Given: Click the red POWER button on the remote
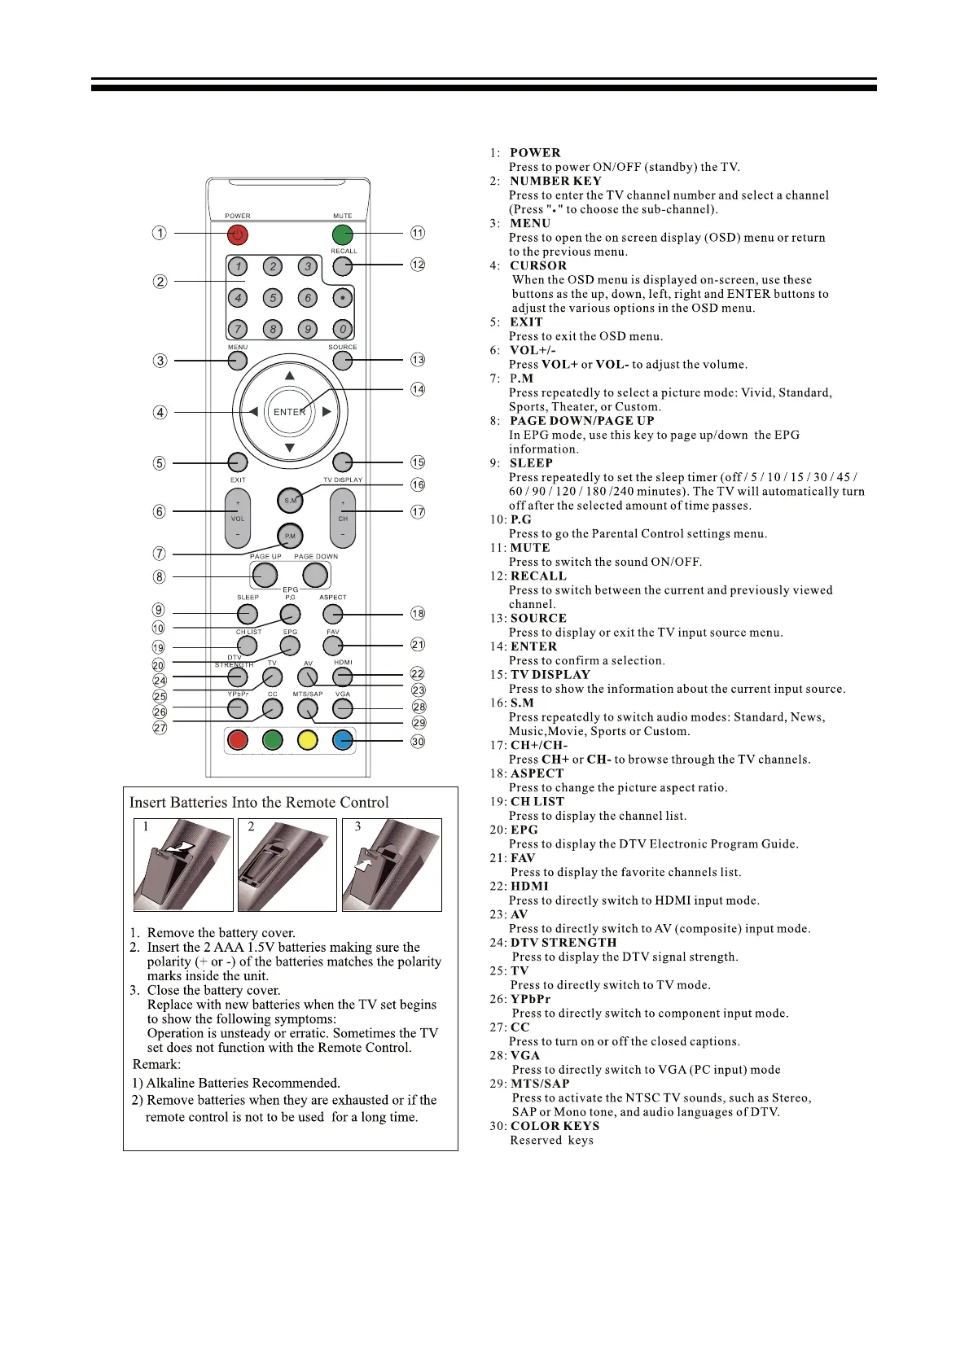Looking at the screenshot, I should click(x=237, y=234).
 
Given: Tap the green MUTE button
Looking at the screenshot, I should click(x=343, y=234).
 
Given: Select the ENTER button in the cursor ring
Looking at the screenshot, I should click(x=289, y=412).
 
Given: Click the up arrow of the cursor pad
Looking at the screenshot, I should click(x=289, y=376).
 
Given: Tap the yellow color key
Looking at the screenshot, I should click(x=307, y=740).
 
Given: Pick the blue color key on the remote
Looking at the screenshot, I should click(x=343, y=740).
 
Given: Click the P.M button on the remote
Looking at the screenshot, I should click(x=290, y=537).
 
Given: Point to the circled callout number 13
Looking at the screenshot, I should click(x=418, y=360).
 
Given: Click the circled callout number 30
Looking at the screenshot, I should click(x=418, y=742).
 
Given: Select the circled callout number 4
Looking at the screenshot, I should click(x=160, y=413).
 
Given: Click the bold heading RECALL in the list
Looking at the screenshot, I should click(x=537, y=576).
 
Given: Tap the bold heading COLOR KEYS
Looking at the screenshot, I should click(x=555, y=1126).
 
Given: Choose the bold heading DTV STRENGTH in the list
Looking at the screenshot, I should click(x=563, y=943).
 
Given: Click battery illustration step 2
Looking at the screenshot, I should click(x=287, y=865).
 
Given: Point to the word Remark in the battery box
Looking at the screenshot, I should click(x=156, y=1065).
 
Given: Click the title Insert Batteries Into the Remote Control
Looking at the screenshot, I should click(x=259, y=803).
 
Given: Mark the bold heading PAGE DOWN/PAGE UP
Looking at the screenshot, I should click(x=581, y=421).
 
